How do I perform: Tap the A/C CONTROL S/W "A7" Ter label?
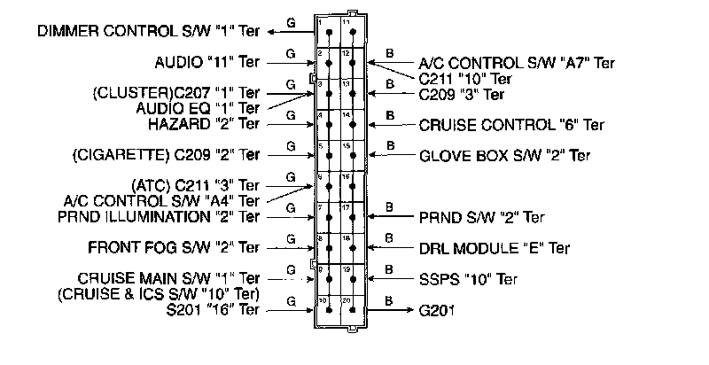517,63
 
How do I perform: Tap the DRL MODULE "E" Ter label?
495,248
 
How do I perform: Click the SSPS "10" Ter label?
468,279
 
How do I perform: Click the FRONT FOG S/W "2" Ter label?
174,247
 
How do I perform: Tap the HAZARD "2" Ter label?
204,123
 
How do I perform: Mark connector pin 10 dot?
329,310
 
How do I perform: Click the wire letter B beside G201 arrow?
390,300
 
